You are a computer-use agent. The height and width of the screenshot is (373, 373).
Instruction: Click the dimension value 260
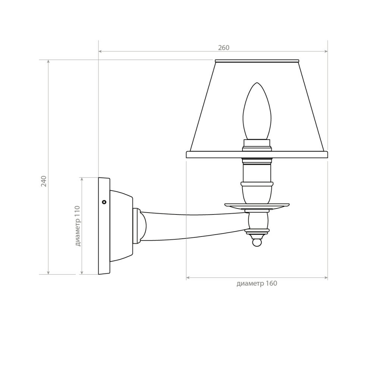223,48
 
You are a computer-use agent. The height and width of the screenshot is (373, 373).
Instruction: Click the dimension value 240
44,181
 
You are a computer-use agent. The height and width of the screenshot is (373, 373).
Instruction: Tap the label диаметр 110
78,226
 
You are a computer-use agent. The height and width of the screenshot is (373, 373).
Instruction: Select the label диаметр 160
257,283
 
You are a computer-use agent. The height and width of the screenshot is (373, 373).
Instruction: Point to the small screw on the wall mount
104,202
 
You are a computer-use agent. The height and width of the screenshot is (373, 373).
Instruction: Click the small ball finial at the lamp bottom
257,243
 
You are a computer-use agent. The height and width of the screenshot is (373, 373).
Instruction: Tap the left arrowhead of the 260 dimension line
100,51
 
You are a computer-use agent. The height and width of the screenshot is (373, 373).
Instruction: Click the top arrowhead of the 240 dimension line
48,62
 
